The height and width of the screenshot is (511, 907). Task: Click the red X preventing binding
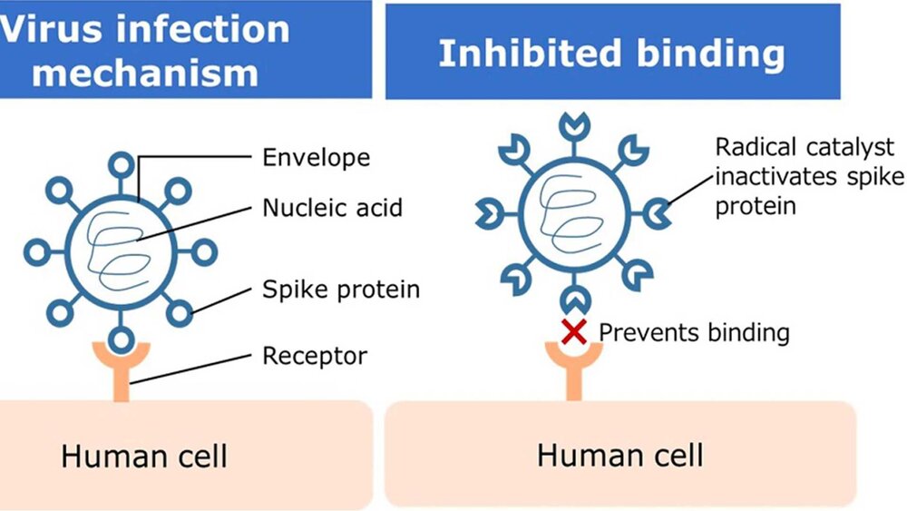(x=573, y=331)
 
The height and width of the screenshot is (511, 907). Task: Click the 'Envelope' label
(x=316, y=157)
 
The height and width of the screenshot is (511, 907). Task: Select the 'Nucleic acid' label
(x=332, y=208)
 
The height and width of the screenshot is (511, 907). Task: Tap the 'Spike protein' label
(x=341, y=290)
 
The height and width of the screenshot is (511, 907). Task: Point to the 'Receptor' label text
(x=314, y=355)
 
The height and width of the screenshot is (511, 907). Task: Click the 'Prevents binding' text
(x=694, y=332)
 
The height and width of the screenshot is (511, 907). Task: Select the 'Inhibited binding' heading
(x=611, y=54)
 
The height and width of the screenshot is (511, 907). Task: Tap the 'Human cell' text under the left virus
(x=144, y=455)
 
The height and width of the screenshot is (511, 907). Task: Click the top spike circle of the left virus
(x=120, y=163)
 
